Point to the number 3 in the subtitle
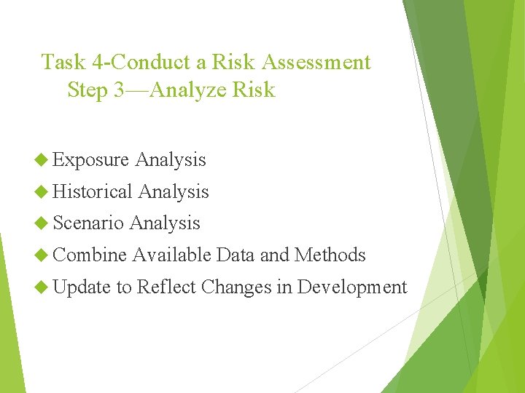(x=120, y=90)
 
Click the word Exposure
(x=90, y=160)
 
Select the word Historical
(x=93, y=192)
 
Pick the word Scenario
(x=88, y=223)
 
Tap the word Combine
(x=90, y=255)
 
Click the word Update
(x=82, y=287)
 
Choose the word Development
(x=352, y=288)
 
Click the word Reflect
(x=166, y=287)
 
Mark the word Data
(x=236, y=255)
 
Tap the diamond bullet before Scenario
(x=42, y=223)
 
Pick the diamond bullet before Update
(x=42, y=287)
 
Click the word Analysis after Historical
(x=174, y=192)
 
